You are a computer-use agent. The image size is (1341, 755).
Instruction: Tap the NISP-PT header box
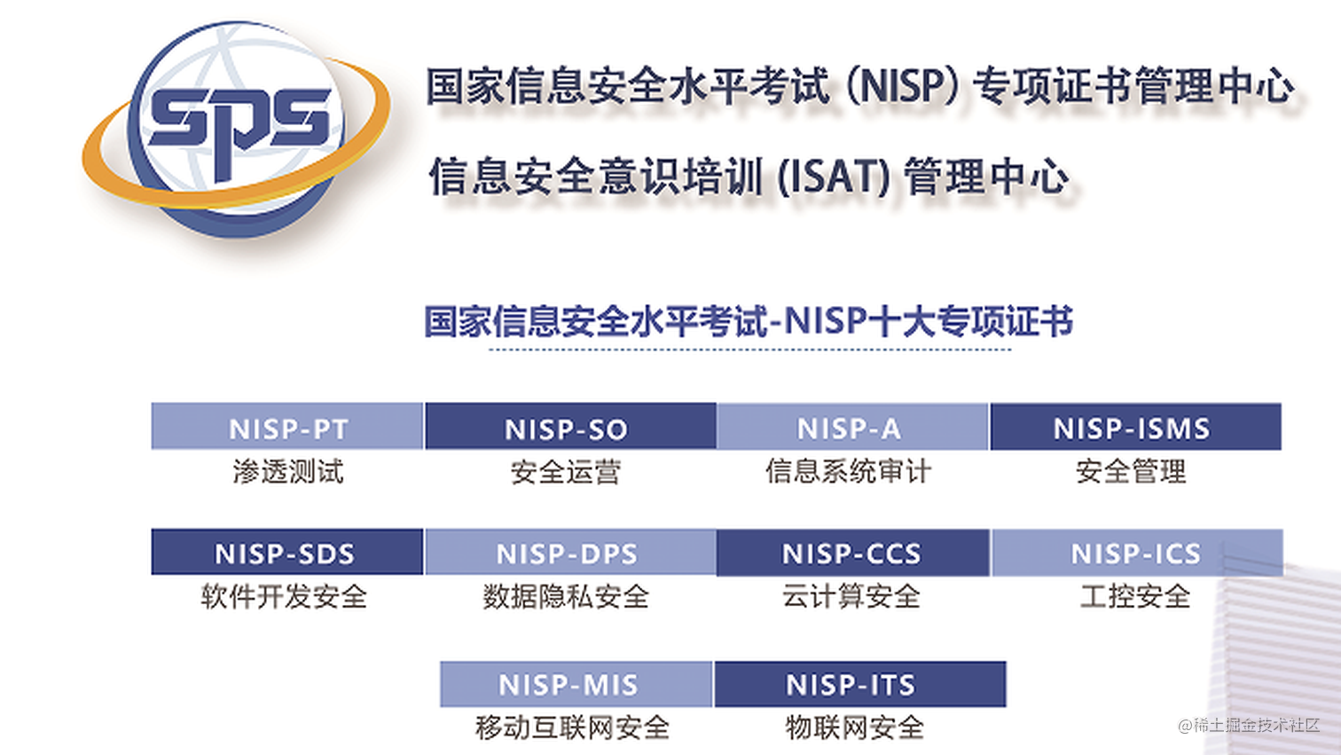pyautogui.click(x=287, y=427)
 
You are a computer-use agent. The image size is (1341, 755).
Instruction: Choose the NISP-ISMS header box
pyautogui.click(x=1135, y=427)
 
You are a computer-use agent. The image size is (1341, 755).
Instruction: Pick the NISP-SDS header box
pyautogui.click(x=286, y=552)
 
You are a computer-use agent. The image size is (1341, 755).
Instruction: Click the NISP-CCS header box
pyautogui.click(x=852, y=552)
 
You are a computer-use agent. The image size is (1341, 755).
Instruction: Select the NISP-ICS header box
pyautogui.click(x=1136, y=552)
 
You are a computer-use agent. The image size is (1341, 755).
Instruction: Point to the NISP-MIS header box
pyautogui.click(x=576, y=684)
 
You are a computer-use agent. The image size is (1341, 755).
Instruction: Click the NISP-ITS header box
pyautogui.click(x=859, y=684)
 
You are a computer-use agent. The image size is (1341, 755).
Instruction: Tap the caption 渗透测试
pyautogui.click(x=287, y=471)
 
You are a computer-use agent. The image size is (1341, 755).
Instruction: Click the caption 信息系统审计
pyautogui.click(x=849, y=471)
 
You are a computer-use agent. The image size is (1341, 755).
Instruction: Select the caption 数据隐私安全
pyautogui.click(x=566, y=596)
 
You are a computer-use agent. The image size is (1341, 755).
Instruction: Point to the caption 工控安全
pyautogui.click(x=1135, y=596)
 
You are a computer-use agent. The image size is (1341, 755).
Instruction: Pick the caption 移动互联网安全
pyautogui.click(x=572, y=727)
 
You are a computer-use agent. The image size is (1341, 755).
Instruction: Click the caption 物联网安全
pyautogui.click(x=854, y=727)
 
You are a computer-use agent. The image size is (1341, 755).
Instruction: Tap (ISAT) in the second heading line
pyautogui.click(x=833, y=177)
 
